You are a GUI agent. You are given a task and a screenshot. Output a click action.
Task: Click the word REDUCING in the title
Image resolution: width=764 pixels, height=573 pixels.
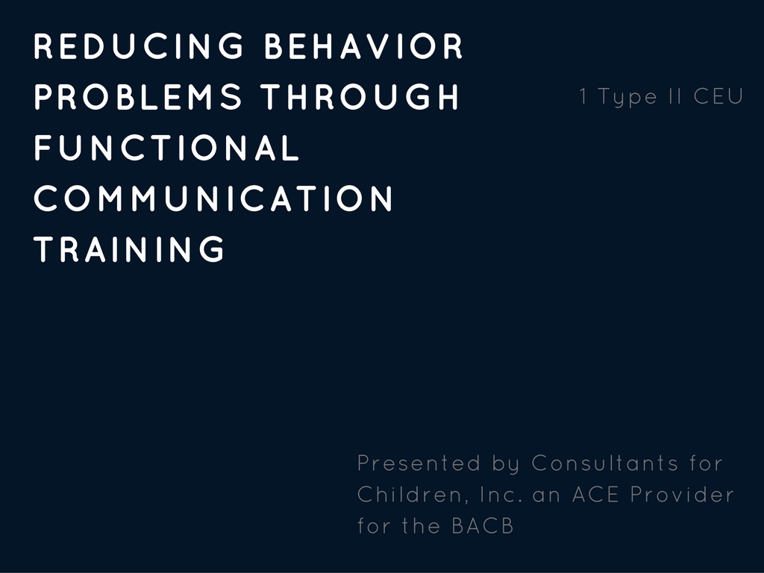(139, 46)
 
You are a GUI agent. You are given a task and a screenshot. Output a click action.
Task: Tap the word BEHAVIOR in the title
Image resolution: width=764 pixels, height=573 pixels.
(363, 46)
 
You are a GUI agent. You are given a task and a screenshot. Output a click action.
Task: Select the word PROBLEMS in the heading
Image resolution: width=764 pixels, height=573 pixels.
(138, 96)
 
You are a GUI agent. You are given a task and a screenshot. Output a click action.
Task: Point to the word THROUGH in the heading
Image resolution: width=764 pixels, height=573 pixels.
(360, 96)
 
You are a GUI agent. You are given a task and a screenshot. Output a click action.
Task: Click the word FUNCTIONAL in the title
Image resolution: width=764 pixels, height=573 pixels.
(166, 147)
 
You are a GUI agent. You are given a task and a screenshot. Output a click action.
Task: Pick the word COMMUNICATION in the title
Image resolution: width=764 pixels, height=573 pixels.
(213, 198)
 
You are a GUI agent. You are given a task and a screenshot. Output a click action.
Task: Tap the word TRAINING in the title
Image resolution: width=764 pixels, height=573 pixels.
(129, 248)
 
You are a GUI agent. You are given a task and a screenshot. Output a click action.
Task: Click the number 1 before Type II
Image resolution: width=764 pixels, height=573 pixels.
(583, 96)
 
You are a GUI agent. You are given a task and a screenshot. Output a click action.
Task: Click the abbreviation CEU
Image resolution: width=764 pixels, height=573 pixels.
(718, 96)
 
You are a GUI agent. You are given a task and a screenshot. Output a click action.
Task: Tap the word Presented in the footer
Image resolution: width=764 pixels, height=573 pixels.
(419, 463)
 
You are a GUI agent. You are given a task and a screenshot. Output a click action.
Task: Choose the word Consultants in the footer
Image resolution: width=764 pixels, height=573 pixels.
(604, 463)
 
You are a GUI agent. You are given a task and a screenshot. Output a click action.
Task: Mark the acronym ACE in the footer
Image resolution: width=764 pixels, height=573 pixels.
(595, 494)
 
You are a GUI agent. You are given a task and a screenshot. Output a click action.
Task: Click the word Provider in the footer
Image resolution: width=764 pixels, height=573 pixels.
(682, 494)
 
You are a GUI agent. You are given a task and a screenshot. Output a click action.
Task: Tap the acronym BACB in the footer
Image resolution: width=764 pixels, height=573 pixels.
(483, 526)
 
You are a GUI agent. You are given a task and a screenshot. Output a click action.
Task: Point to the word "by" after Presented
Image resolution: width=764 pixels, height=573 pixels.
(505, 465)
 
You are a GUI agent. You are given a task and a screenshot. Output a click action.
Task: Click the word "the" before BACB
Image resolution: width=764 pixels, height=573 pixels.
(422, 526)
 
